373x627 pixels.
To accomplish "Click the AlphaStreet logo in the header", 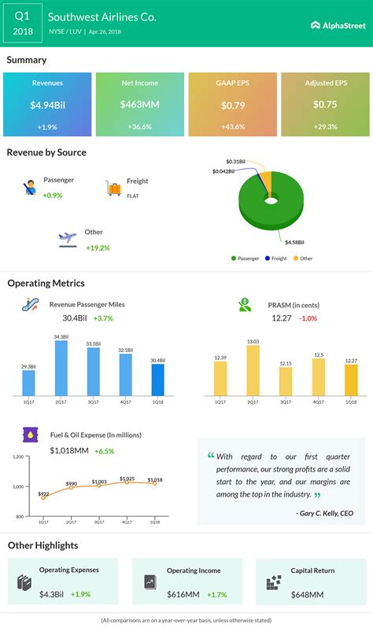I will point(338,25).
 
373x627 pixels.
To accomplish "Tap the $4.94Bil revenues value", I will point(47,104).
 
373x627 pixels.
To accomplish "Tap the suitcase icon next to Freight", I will point(113,188).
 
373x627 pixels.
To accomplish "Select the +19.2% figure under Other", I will point(98,247).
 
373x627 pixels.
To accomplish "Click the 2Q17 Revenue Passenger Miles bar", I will point(61,367).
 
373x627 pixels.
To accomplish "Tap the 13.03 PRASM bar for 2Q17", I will point(253,369).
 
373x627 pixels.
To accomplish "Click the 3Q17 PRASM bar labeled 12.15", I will point(285,379).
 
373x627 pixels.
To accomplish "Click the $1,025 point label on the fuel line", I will point(126,478).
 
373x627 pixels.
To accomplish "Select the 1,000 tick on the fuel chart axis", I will point(17,487).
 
